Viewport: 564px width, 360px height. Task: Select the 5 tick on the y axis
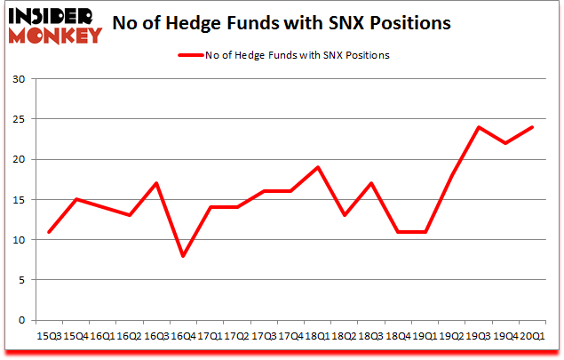point(20,280)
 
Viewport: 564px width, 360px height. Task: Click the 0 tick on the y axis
point(20,320)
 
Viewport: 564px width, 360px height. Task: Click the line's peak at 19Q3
point(479,127)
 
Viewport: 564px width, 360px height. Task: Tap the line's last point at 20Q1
point(531,127)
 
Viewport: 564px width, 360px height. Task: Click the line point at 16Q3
point(156,183)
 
